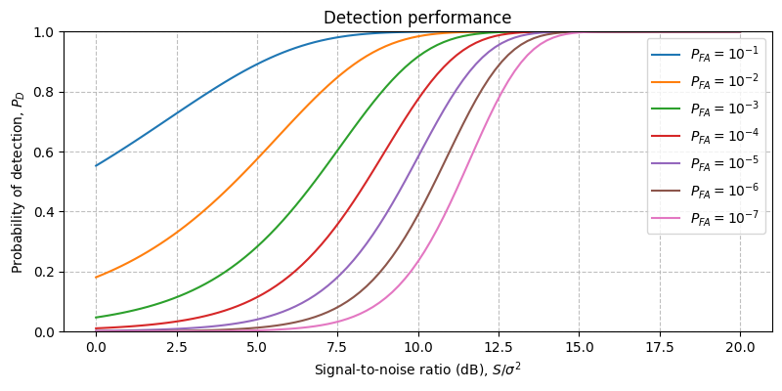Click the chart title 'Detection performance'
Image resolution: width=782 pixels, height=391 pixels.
(417, 18)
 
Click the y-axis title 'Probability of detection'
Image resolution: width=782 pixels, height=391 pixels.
(18, 181)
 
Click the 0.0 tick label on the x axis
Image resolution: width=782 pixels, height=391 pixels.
(96, 347)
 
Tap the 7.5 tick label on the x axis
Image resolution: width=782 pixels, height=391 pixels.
(337, 347)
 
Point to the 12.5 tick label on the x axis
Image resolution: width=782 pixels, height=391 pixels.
(499, 347)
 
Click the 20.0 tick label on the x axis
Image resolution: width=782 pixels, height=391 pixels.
(740, 347)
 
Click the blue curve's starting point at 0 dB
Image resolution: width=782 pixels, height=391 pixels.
(96, 165)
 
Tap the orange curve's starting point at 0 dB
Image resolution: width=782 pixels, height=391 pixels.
(96, 277)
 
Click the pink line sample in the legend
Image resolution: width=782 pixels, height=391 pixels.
(669, 218)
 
